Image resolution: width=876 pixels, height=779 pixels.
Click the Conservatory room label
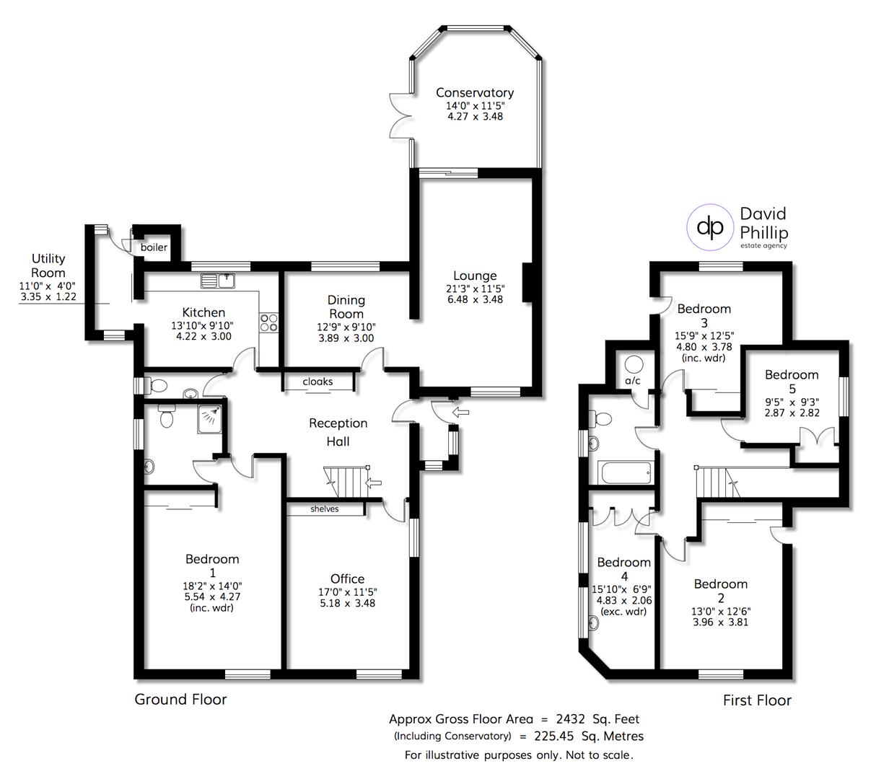[474, 92]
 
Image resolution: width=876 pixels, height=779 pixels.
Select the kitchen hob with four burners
[269, 322]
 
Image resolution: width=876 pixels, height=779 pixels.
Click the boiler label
[154, 247]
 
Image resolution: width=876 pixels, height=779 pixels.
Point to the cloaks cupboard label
[317, 381]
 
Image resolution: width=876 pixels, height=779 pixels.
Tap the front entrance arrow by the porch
[459, 413]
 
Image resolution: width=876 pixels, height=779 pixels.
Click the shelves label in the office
[325, 509]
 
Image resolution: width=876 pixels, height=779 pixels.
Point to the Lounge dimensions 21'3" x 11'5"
[474, 289]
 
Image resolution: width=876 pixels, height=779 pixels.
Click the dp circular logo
[710, 226]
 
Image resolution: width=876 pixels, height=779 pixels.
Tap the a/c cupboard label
[633, 380]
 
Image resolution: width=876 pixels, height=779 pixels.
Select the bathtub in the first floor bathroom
[625, 473]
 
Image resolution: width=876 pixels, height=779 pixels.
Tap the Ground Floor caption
[180, 699]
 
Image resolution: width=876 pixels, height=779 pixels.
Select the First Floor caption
[757, 700]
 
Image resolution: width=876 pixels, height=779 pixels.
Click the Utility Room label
[48, 265]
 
